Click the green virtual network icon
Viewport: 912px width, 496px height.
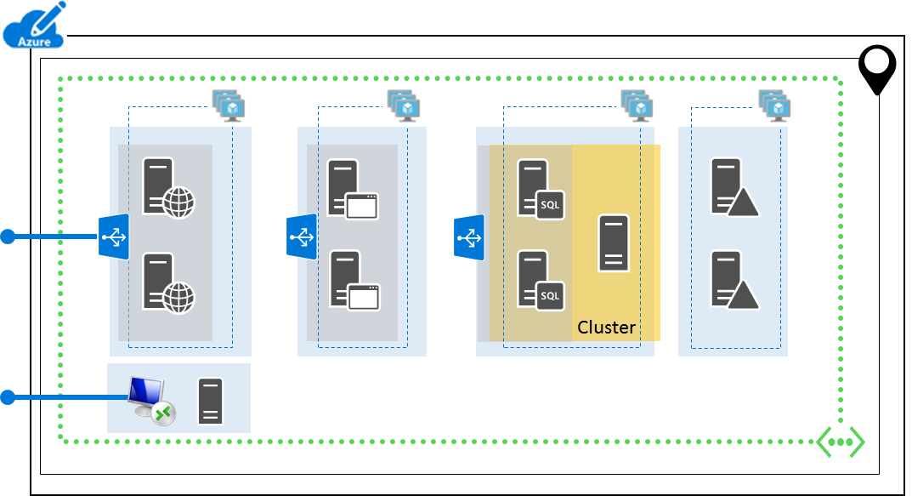click(841, 442)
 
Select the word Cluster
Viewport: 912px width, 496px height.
click(606, 328)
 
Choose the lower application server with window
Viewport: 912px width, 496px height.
click(354, 280)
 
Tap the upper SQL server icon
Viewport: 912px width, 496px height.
click(541, 189)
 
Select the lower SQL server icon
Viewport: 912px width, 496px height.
click(541, 280)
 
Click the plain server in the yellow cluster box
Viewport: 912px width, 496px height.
click(614, 243)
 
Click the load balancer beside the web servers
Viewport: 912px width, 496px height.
click(113, 237)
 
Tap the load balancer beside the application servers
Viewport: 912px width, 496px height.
click(301, 237)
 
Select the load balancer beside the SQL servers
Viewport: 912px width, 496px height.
click(468, 237)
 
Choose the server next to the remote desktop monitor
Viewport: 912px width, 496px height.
click(210, 402)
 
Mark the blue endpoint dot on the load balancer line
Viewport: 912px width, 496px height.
click(8, 237)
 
